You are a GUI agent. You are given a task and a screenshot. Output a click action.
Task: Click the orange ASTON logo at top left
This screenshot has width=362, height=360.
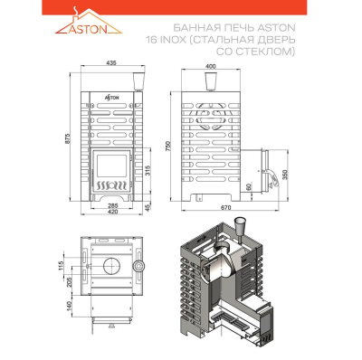(89, 23)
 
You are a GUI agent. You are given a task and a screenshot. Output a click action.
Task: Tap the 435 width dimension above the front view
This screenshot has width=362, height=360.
(111, 62)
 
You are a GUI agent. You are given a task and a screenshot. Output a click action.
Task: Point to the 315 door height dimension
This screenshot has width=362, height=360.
(148, 172)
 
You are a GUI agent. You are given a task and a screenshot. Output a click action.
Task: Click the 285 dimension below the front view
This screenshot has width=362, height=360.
(113, 206)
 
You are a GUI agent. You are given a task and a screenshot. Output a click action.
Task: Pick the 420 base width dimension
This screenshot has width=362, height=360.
(113, 212)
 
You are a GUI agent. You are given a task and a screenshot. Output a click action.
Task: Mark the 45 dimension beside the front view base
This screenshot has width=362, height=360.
(148, 207)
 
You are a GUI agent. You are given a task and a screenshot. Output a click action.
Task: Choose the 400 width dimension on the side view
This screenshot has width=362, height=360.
(210, 66)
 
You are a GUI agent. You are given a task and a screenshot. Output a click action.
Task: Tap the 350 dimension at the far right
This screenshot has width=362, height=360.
(286, 175)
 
